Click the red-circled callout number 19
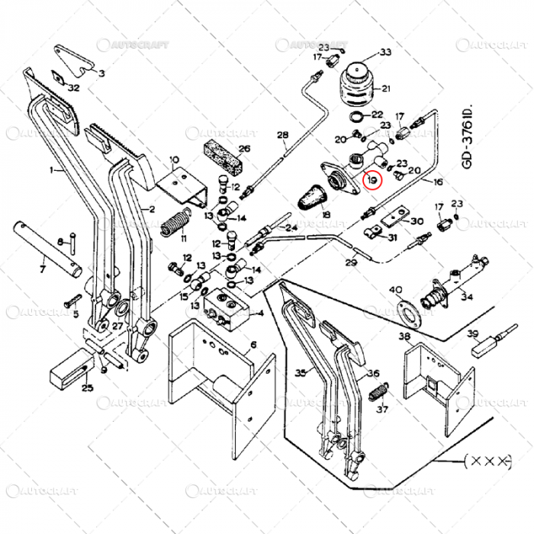point(372,181)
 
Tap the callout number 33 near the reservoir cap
point(385,52)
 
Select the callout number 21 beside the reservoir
point(385,88)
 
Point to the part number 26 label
point(244,149)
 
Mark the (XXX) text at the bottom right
point(486,461)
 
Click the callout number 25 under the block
point(87,388)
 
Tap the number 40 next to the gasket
point(396,290)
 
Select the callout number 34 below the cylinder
point(466,297)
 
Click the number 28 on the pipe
point(283,137)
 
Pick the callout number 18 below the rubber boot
point(327,216)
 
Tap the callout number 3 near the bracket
point(102,73)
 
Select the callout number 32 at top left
point(73,88)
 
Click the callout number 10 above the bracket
point(174,160)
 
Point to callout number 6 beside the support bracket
point(253,343)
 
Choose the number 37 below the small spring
point(382,408)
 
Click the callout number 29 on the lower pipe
point(351,263)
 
